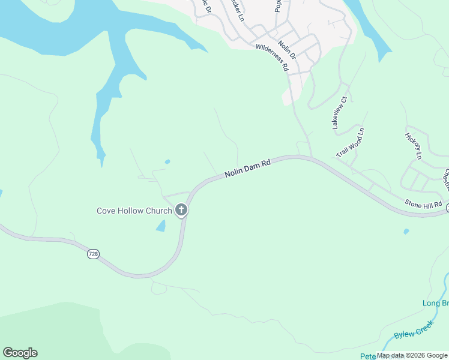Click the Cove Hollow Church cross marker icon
[181, 210]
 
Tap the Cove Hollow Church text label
[134, 211]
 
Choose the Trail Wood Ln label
[351, 143]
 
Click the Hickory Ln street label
[414, 146]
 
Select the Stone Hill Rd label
[424, 204]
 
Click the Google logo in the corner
[20, 353]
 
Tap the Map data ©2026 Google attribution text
[412, 356]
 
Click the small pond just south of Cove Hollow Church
[161, 226]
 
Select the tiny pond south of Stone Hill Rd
[406, 231]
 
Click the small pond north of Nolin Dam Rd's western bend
[167, 161]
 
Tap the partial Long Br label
[436, 303]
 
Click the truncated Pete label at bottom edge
[367, 356]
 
